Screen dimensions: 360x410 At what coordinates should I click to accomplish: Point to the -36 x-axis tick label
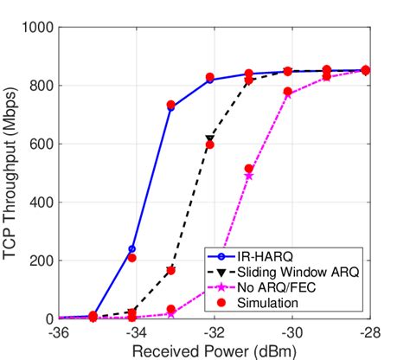pos(59,333)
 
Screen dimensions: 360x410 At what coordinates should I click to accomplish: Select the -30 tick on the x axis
pos(291,333)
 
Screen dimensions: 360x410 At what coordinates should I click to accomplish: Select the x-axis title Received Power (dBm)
pos(213,350)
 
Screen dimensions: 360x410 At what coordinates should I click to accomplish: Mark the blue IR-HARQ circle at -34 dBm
pos(132,249)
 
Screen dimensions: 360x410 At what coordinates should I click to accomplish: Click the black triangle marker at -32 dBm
pos(209,138)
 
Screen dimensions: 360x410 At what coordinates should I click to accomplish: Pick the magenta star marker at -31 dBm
pos(249,176)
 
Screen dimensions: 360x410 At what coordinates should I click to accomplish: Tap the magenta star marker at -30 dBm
pos(288,93)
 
